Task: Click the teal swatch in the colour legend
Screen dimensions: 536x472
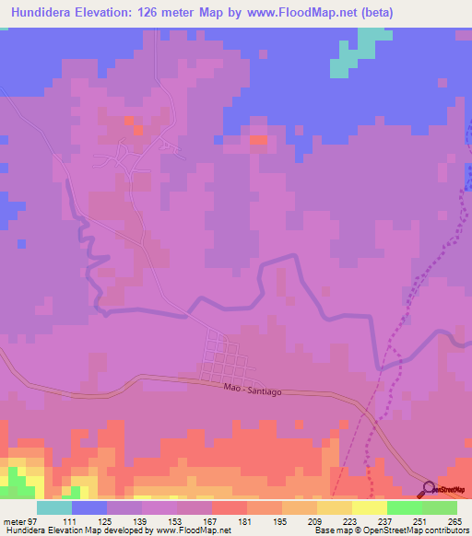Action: pyautogui.click(x=53, y=508)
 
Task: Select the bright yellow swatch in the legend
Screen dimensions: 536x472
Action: pyautogui.click(x=369, y=508)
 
